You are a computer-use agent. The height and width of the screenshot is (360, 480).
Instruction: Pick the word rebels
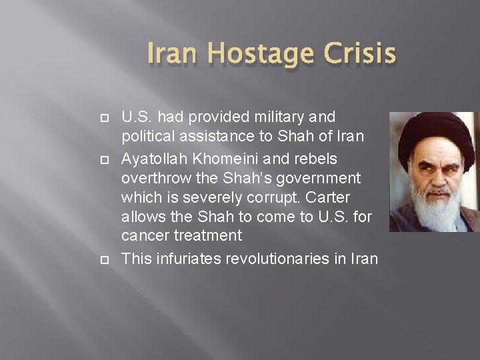tap(313, 159)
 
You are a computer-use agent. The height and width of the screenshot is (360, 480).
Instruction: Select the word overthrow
tap(153, 178)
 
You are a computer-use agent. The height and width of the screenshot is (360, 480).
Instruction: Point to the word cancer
tap(142, 236)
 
